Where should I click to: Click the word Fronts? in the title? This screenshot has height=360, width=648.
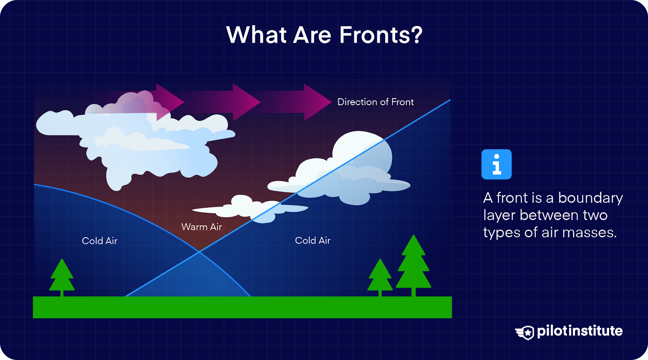[x=381, y=35]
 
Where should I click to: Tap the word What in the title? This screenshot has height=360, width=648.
[x=256, y=35]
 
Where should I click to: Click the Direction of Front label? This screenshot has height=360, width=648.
[x=375, y=102]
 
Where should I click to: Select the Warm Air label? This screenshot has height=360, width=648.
[x=202, y=227]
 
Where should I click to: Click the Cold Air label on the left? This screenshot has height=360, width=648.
[x=100, y=241]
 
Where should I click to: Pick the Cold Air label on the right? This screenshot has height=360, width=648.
[x=313, y=241]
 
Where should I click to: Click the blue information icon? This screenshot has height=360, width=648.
[x=497, y=164]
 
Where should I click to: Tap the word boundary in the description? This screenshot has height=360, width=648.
[x=590, y=198]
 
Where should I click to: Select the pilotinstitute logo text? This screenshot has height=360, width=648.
[x=580, y=331]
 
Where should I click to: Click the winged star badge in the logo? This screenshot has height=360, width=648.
[x=525, y=332]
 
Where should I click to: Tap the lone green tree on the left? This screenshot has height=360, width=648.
[x=62, y=277]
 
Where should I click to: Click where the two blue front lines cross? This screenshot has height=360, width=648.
[x=199, y=252]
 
